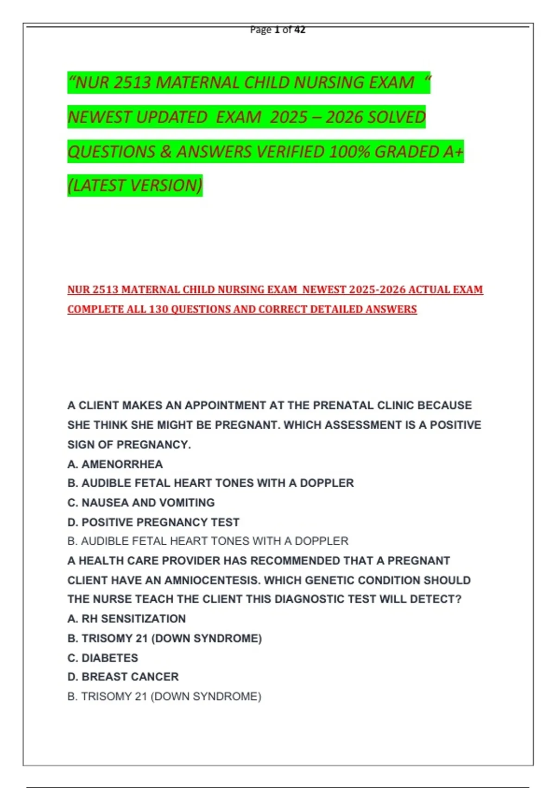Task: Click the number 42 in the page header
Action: click(300, 30)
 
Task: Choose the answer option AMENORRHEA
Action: click(122, 464)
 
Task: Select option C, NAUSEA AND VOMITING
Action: click(141, 502)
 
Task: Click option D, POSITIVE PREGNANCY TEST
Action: click(153, 522)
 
